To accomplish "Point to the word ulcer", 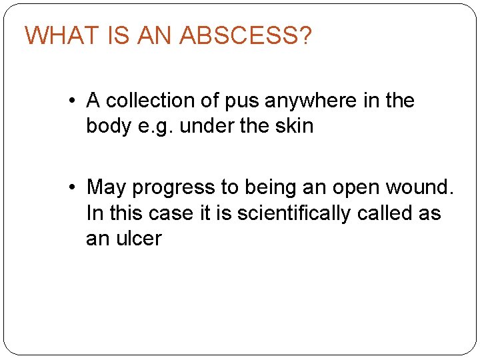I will (x=139, y=238).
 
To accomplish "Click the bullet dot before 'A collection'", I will (x=71, y=101).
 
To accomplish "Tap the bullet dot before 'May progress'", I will (x=71, y=188).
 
